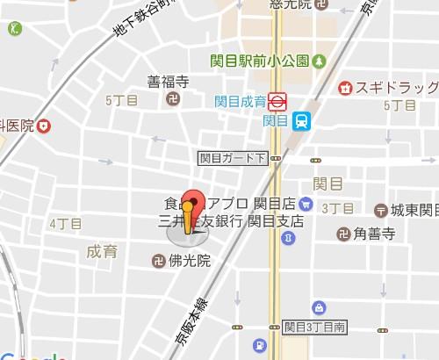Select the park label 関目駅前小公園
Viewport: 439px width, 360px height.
273,61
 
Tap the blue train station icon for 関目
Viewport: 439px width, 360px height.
301,120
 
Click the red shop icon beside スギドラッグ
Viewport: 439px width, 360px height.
347,88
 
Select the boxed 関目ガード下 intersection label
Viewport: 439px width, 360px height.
232,159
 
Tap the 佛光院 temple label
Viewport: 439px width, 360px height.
191,261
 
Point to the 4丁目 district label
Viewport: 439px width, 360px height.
65,224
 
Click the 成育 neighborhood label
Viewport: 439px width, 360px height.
102,252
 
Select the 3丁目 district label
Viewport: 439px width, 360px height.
337,208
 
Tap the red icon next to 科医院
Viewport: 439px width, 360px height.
44,126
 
